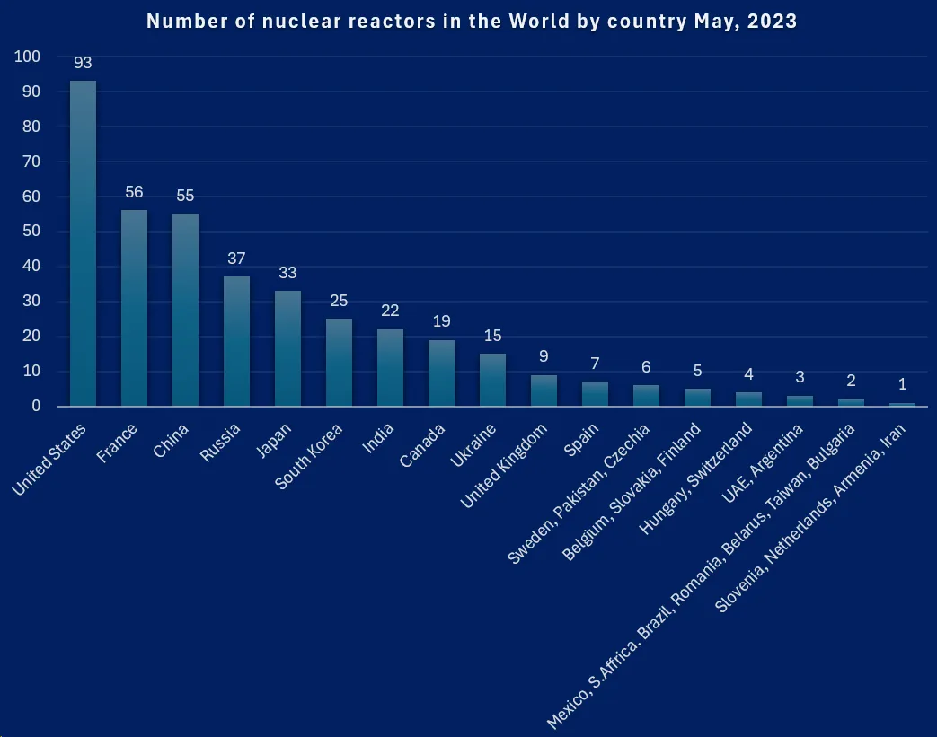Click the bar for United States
[x=83, y=243]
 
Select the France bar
[x=134, y=308]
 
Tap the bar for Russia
[x=236, y=341]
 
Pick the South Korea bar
[x=339, y=362]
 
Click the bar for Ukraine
[x=492, y=380]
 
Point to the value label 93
[x=83, y=64]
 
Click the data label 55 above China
[x=185, y=196]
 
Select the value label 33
[x=287, y=273]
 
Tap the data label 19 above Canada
[x=441, y=321]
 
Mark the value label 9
[x=544, y=356]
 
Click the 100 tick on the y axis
[x=28, y=57]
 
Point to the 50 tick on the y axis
[x=31, y=232]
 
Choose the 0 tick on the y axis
[x=36, y=406]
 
